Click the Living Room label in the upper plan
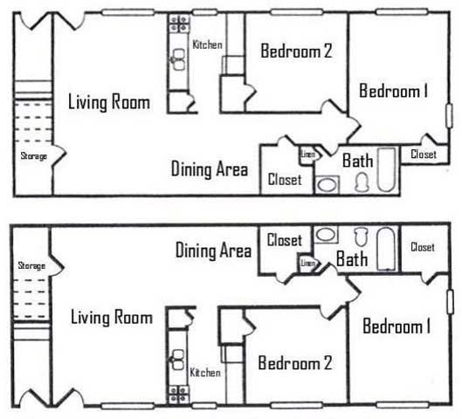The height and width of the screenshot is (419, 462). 108,102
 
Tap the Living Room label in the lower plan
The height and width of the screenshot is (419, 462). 111,317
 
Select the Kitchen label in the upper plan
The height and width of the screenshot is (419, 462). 207,45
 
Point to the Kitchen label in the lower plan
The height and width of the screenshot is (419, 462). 205,373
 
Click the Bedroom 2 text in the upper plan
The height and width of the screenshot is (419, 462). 296,51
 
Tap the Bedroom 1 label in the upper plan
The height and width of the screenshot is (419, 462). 393,91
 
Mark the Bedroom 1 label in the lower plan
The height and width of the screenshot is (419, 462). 396,326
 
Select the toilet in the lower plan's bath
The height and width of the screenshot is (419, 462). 360,236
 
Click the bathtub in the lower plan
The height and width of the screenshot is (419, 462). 385,248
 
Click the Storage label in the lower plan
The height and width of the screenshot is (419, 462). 31,265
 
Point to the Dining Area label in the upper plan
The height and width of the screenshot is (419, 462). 210,168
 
